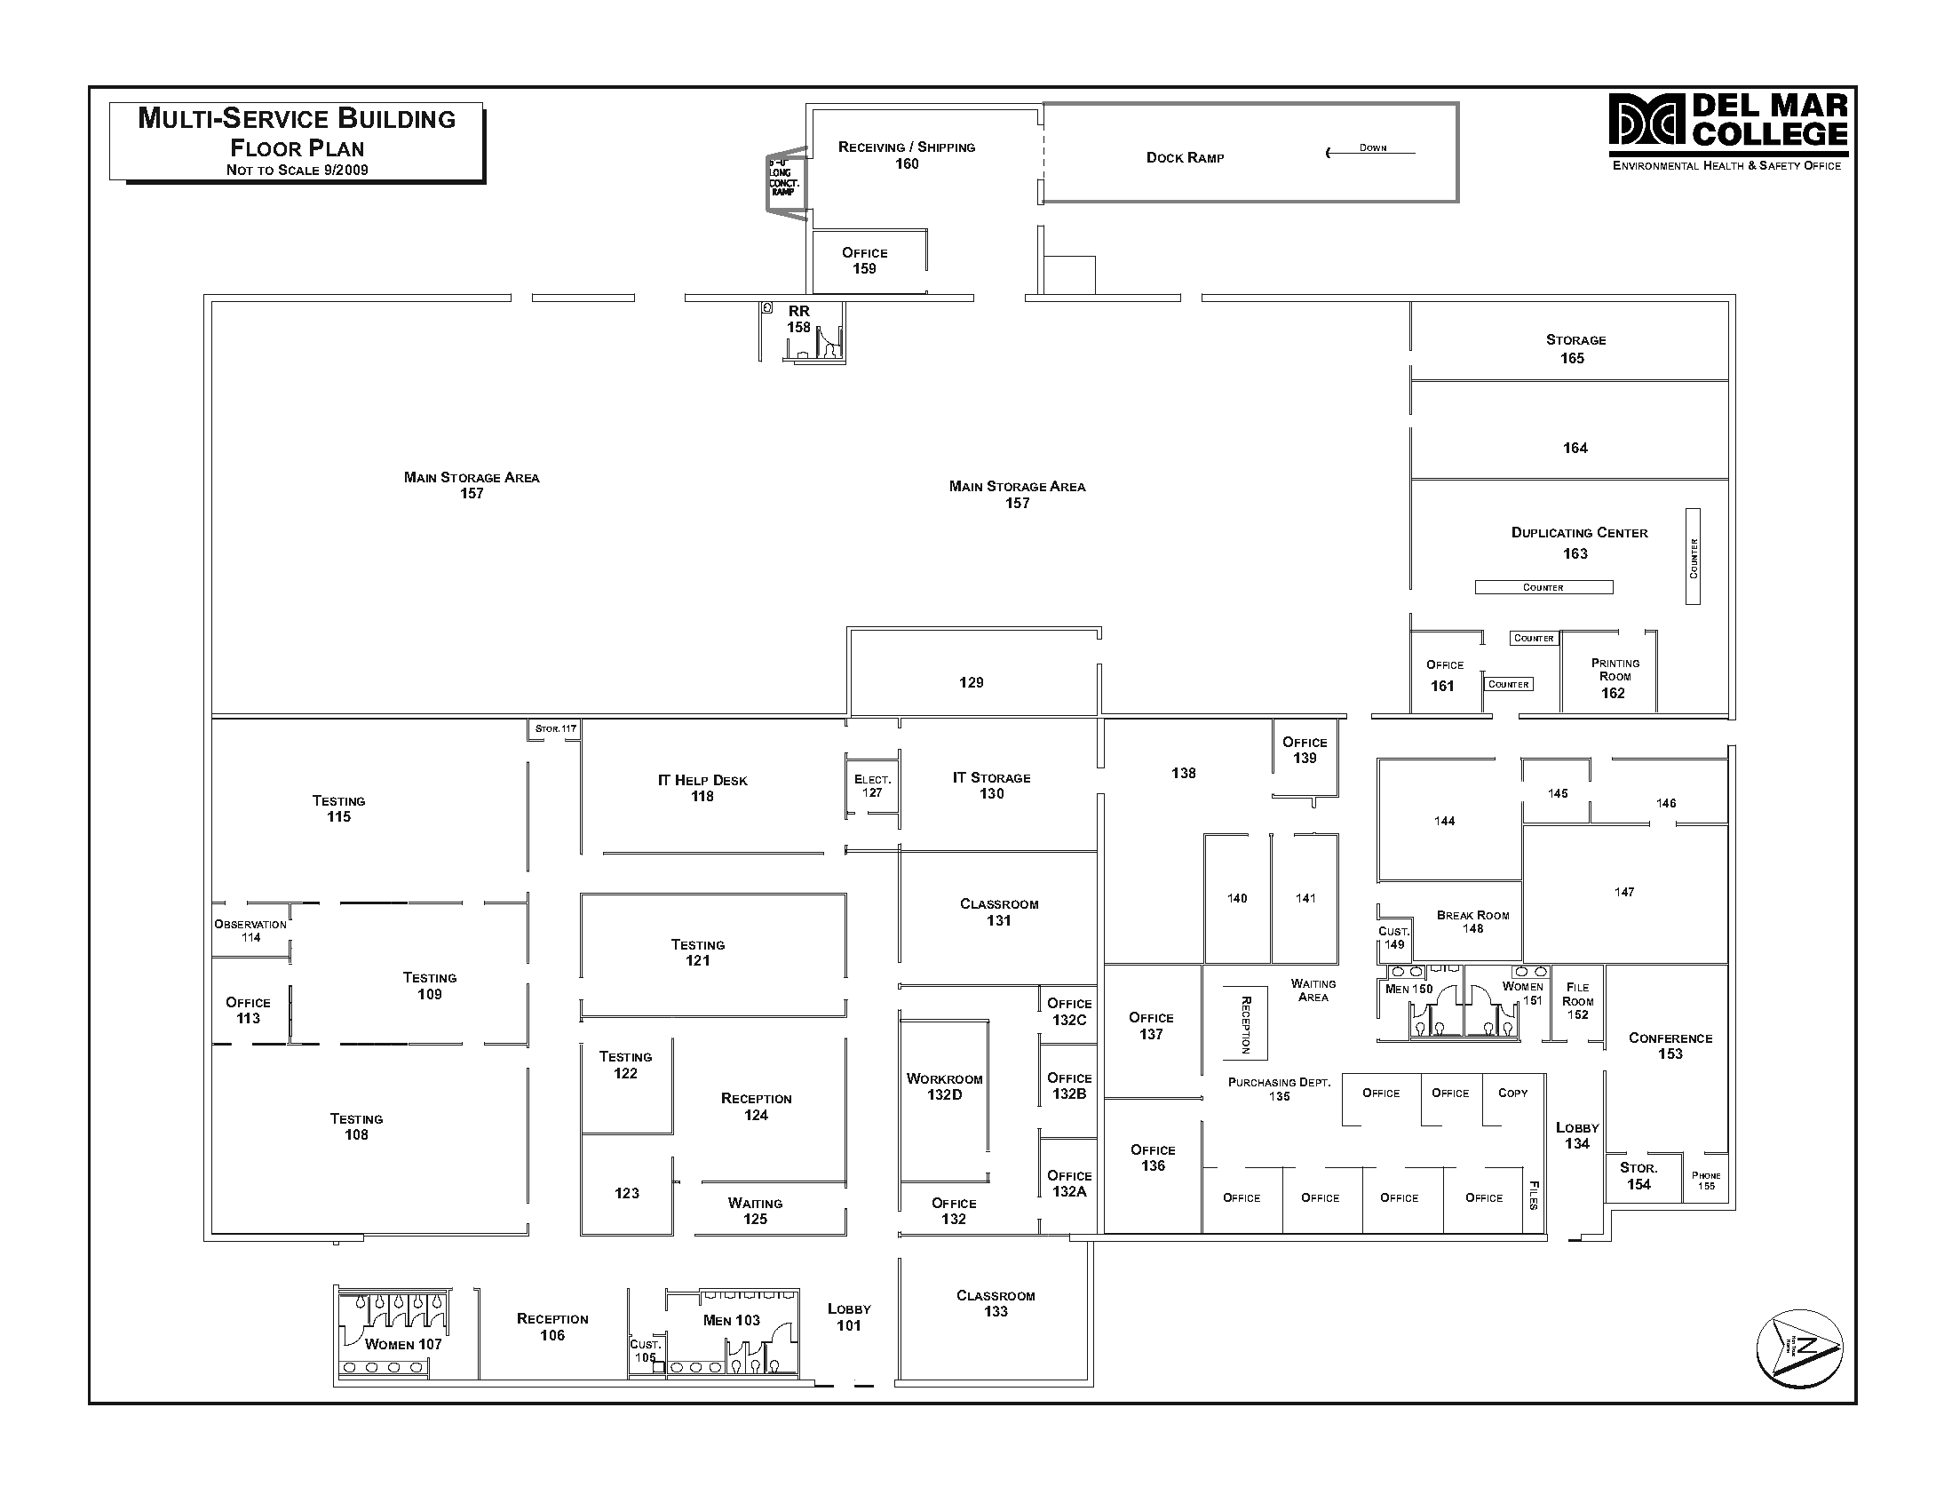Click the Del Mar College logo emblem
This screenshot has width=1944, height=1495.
(1646, 119)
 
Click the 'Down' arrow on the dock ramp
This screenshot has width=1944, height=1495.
(1369, 152)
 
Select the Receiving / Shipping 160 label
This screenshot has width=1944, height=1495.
(906, 155)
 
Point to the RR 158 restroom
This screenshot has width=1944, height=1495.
(799, 320)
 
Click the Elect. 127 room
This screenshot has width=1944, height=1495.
(872, 786)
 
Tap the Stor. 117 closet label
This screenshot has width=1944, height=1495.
(555, 728)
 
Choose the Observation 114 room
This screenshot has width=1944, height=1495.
(251, 931)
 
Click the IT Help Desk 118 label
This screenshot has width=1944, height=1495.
(702, 789)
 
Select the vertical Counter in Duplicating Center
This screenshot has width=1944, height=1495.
(1693, 558)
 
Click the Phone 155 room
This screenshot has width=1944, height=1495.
(1706, 1181)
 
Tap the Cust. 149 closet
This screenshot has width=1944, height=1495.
(1393, 938)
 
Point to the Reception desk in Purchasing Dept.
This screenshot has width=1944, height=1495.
(1245, 1023)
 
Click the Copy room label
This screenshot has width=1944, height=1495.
(1512, 1093)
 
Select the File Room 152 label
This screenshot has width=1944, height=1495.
(1577, 1001)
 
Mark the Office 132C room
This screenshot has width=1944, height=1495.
(1068, 1012)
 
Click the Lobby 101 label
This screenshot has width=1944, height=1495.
(849, 1317)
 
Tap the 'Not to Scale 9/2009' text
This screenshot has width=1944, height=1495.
(298, 170)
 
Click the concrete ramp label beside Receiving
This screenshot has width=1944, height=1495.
(783, 179)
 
